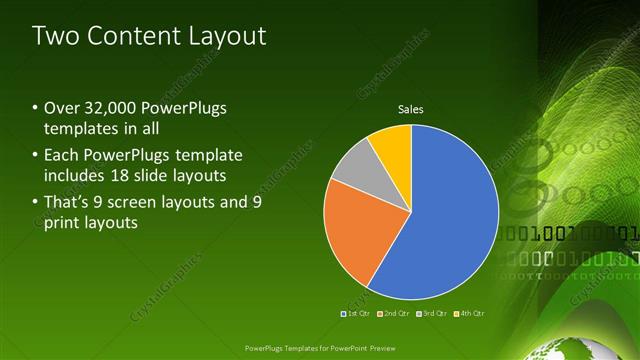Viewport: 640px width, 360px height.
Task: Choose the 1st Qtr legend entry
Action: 357,314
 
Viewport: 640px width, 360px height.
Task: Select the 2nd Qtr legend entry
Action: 395,314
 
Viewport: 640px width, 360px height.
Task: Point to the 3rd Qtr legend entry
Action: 433,314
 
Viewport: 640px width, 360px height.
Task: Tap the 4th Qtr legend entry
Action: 470,314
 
